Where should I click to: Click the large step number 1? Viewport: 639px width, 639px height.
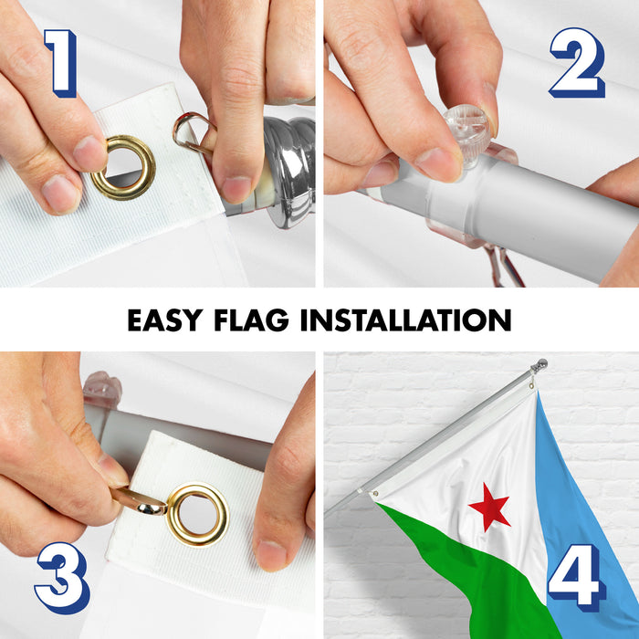click(x=62, y=63)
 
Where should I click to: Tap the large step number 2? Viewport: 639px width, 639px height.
click(x=578, y=62)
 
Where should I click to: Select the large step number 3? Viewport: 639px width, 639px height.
click(x=62, y=578)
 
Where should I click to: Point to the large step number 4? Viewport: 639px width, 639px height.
click(x=575, y=578)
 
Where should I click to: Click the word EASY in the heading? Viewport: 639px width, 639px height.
click(x=165, y=319)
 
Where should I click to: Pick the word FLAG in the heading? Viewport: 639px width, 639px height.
click(x=251, y=319)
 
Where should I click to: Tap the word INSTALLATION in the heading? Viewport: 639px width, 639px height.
click(x=406, y=319)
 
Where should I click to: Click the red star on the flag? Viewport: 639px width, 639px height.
click(x=489, y=507)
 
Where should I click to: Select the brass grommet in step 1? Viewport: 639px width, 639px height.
click(x=123, y=167)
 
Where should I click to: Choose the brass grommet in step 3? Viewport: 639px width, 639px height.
click(x=198, y=514)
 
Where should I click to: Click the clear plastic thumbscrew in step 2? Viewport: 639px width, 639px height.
click(x=467, y=133)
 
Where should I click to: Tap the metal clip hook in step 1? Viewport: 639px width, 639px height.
click(x=193, y=132)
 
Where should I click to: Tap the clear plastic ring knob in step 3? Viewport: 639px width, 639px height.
click(x=102, y=389)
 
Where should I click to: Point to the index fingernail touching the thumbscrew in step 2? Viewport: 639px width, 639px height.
click(x=439, y=163)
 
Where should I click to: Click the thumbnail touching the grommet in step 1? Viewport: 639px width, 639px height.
click(x=89, y=153)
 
